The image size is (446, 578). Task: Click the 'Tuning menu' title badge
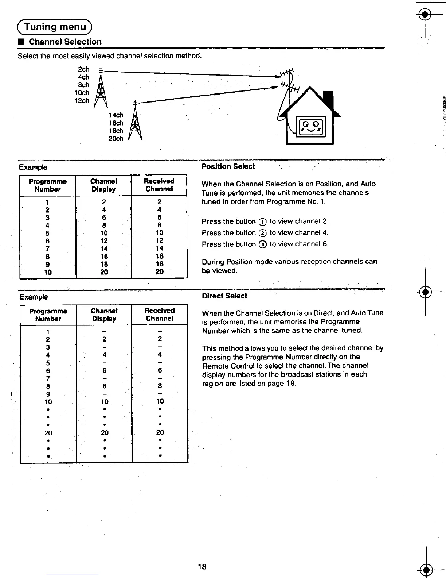click(55, 27)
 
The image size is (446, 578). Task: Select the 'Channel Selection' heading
click(65, 42)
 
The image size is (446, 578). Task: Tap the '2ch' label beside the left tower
click(83, 69)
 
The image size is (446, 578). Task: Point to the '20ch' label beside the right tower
click(116, 139)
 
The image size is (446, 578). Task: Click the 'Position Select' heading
click(228, 166)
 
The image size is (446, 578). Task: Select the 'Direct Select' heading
click(224, 296)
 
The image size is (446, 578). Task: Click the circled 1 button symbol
click(262, 222)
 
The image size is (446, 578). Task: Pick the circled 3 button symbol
click(262, 244)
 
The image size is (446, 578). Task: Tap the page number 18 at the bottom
click(202, 566)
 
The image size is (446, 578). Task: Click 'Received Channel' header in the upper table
click(159, 185)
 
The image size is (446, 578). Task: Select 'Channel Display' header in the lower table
click(104, 315)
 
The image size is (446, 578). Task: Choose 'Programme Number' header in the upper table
click(48, 185)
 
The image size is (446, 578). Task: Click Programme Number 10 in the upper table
click(48, 272)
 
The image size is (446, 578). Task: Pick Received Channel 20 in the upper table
click(159, 272)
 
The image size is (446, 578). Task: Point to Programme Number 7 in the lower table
click(48, 378)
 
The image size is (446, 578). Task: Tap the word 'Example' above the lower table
click(33, 297)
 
